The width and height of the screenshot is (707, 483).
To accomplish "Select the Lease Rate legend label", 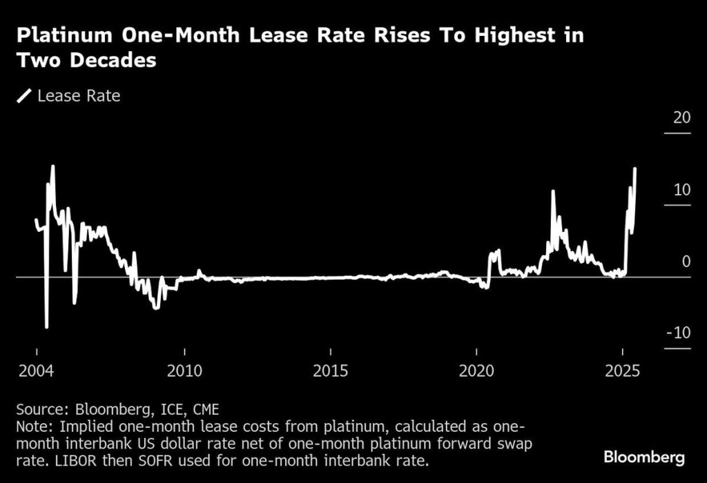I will [x=79, y=96].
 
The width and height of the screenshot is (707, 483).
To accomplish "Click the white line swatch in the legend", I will [x=25, y=96].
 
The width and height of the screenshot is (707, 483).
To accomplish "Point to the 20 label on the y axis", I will [x=681, y=117].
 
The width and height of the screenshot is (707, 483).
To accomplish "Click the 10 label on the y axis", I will [x=681, y=190].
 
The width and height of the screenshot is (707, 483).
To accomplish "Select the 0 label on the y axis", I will [x=686, y=262].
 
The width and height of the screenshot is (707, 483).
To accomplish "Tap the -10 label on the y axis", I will [x=679, y=333].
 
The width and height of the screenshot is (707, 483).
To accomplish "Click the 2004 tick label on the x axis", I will [x=36, y=371].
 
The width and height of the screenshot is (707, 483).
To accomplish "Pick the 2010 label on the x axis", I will [x=184, y=371].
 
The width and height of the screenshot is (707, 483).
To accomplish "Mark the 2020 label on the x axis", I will [x=476, y=371].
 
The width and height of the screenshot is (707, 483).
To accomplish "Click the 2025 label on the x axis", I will [x=622, y=371].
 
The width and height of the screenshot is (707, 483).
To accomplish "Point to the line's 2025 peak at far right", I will [x=635, y=168].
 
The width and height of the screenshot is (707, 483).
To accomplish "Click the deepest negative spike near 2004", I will [x=46, y=327].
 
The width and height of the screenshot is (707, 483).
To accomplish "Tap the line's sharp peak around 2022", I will [x=552, y=191].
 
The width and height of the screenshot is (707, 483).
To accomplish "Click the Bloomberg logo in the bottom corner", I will [x=643, y=457].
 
